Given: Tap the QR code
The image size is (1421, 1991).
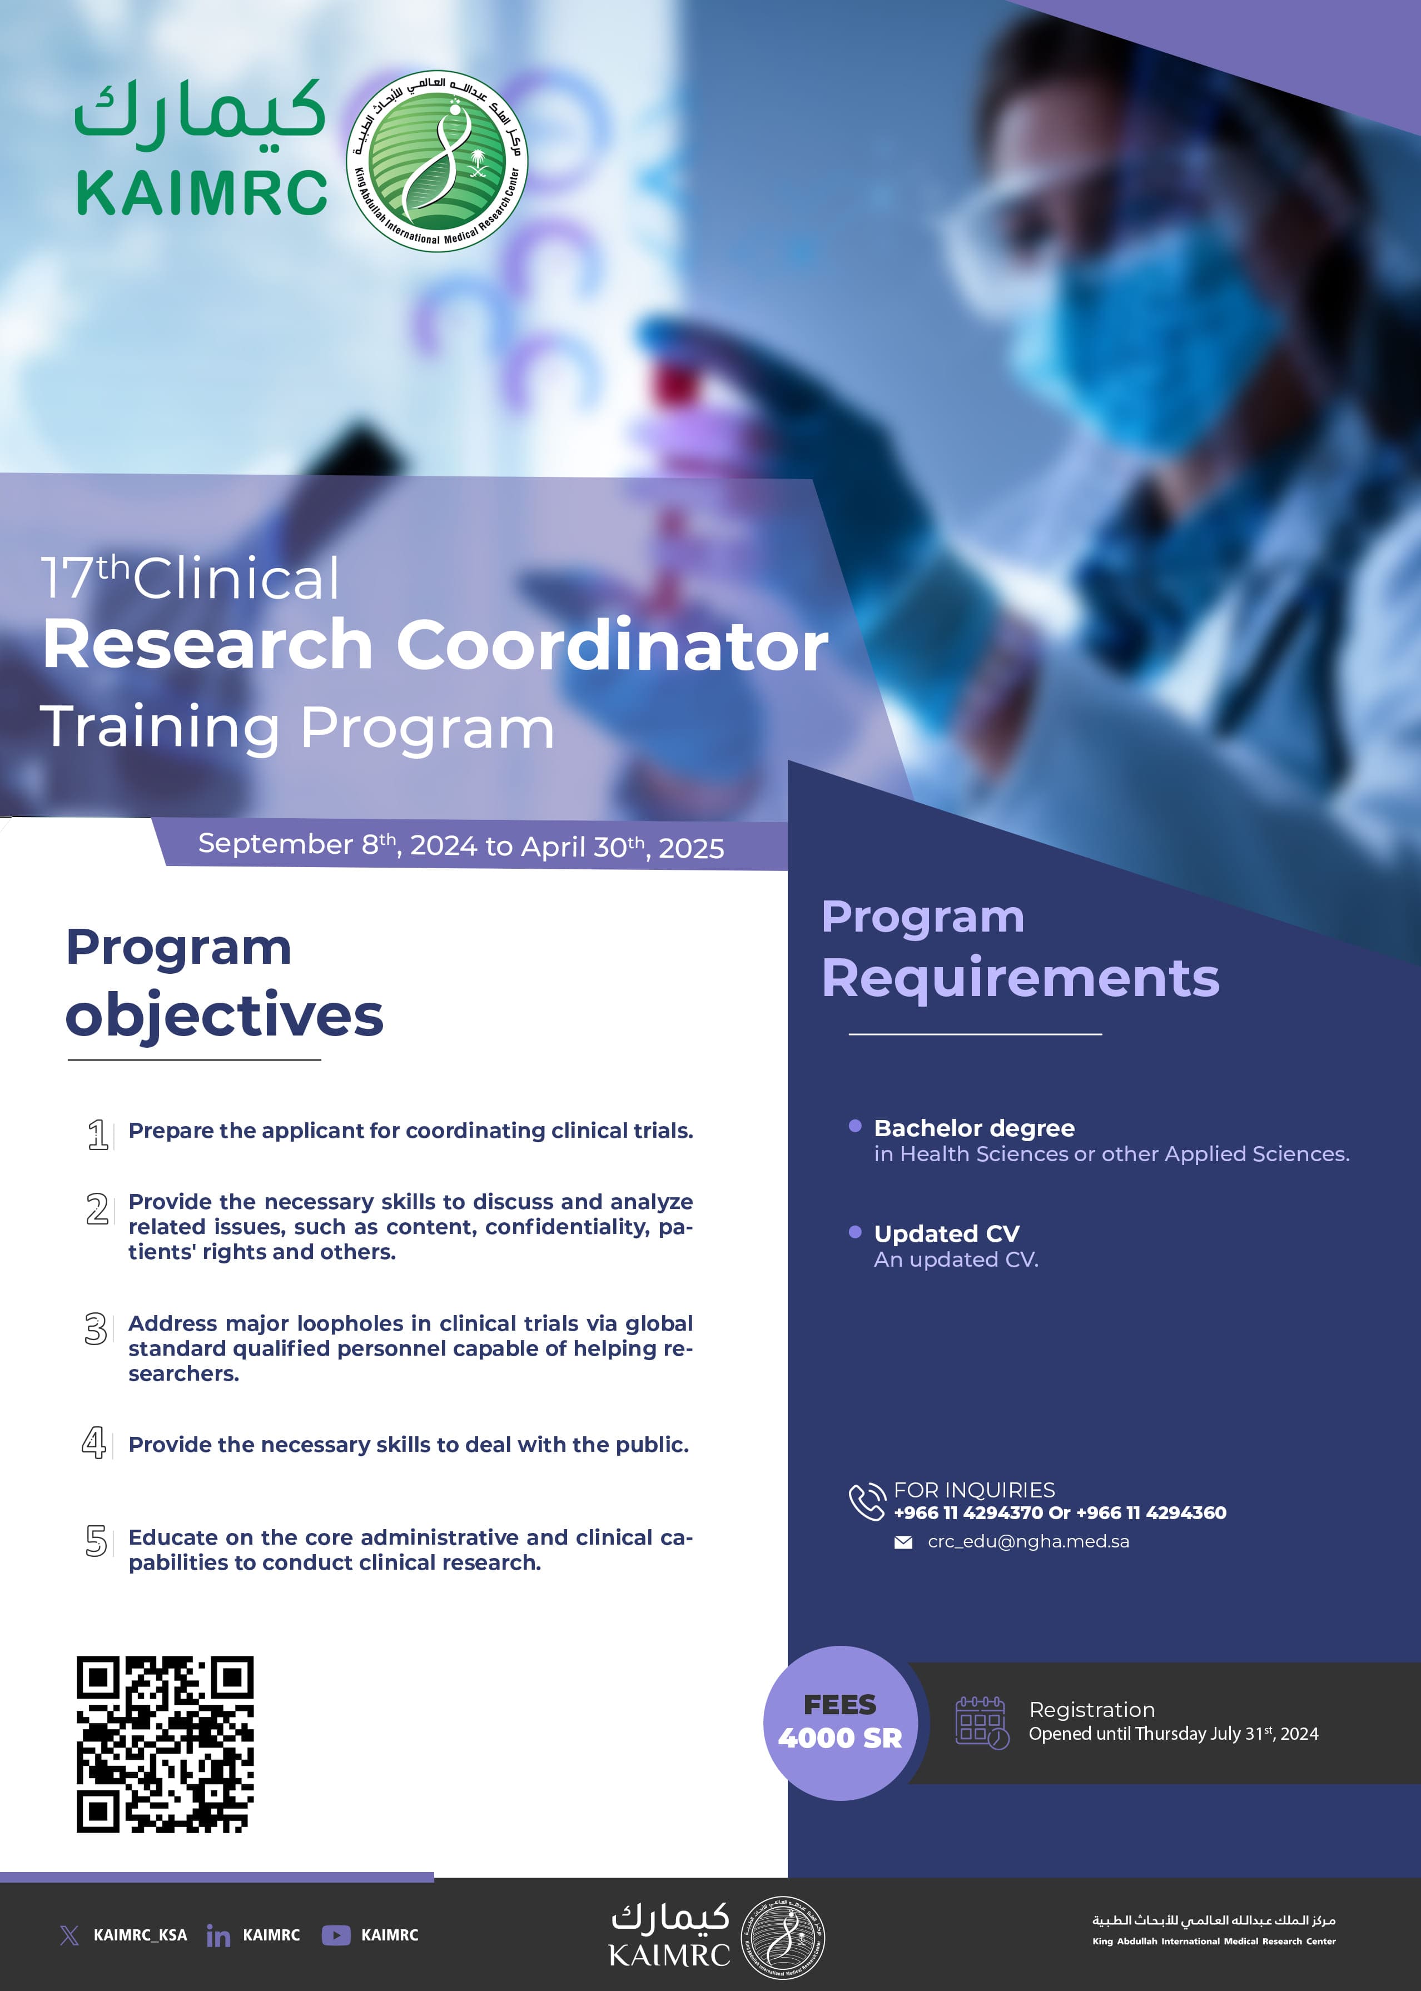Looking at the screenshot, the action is click(165, 1744).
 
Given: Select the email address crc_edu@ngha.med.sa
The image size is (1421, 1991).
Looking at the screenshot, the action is click(1028, 1541).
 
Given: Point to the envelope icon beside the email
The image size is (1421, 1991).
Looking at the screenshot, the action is click(903, 1542).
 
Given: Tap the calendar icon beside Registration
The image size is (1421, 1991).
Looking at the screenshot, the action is click(982, 1723).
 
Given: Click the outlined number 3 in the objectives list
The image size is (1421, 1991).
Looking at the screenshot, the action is click(96, 1329).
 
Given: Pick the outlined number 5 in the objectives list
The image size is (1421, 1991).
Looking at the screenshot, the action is click(96, 1540).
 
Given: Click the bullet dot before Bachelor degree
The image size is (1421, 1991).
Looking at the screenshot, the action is click(855, 1126).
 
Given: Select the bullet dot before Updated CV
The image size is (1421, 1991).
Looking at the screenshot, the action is click(855, 1232).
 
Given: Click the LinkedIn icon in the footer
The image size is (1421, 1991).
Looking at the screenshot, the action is click(218, 1935).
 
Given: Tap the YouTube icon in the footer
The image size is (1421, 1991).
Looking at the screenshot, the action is click(336, 1935).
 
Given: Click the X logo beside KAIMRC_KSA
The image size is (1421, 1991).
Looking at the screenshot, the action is click(69, 1935).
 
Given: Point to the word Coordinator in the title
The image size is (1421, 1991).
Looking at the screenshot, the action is click(613, 645).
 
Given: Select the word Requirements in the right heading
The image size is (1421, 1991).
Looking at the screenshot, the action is click(1020, 977).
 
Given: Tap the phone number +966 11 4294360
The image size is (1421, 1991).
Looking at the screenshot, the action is click(1151, 1512).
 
